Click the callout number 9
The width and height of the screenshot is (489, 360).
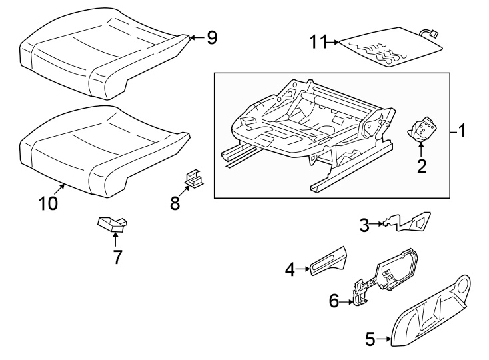click(211, 38)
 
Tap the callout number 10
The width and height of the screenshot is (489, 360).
click(47, 203)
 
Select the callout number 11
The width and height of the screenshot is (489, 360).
click(319, 43)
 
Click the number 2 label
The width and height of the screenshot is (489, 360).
click(421, 165)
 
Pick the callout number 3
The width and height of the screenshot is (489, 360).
click(364, 225)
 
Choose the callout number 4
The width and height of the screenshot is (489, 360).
click(290, 269)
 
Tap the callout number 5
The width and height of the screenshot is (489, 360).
click(371, 339)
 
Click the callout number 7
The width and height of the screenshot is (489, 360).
click(117, 256)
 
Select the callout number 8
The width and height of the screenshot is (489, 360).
click(175, 203)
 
